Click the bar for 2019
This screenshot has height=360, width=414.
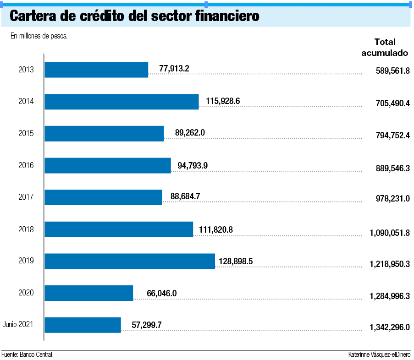(x=130, y=261)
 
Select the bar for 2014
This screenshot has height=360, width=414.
(x=121, y=102)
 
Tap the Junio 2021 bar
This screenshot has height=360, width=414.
(x=83, y=325)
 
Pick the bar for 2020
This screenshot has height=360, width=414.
(x=89, y=293)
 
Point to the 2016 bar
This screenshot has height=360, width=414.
(x=108, y=165)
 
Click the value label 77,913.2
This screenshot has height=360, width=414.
(x=174, y=69)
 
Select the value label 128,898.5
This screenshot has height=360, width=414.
(x=236, y=262)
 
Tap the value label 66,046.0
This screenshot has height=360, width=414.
(x=161, y=293)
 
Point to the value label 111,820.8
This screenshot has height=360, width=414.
(x=216, y=230)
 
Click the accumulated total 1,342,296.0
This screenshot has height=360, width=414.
(x=390, y=327)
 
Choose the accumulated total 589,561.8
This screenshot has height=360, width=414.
(x=393, y=71)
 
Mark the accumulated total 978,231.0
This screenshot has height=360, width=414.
(x=393, y=198)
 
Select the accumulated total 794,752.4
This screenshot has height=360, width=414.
(x=393, y=135)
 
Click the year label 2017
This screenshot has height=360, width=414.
(x=26, y=197)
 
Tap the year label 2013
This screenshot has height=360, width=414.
(x=26, y=69)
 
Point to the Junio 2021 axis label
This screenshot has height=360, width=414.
(x=18, y=324)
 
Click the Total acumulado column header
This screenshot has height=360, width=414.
(x=385, y=48)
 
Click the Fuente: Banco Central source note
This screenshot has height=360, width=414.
(x=28, y=355)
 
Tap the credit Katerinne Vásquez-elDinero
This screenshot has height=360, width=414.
(x=379, y=355)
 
